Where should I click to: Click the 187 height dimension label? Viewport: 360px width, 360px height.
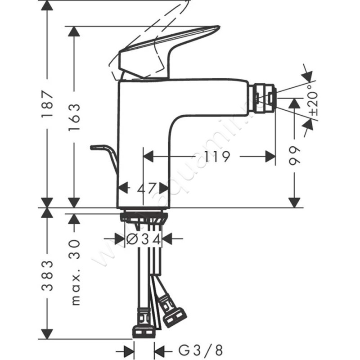tap(48, 104)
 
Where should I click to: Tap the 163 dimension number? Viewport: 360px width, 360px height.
tap(74, 117)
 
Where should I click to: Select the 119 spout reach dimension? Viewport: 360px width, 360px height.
tap(217, 157)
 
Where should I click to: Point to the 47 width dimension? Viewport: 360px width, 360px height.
tap(147, 188)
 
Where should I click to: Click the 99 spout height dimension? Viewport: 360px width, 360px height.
tap(294, 155)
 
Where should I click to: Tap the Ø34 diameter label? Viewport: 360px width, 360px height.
tap(144, 239)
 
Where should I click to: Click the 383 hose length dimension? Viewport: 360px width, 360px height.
tap(48, 275)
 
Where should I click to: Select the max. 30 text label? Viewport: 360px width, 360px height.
tap(75, 273)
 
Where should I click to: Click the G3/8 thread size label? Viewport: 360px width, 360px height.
tap(200, 351)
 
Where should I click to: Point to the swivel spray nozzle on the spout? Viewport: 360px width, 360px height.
tap(264, 98)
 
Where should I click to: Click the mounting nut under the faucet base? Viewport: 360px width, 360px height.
tap(144, 217)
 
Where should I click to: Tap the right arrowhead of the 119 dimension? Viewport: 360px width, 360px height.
tap(270, 157)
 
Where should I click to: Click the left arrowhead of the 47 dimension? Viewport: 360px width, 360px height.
tap(122, 188)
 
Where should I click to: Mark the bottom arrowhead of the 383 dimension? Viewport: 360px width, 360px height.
tap(47, 334)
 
